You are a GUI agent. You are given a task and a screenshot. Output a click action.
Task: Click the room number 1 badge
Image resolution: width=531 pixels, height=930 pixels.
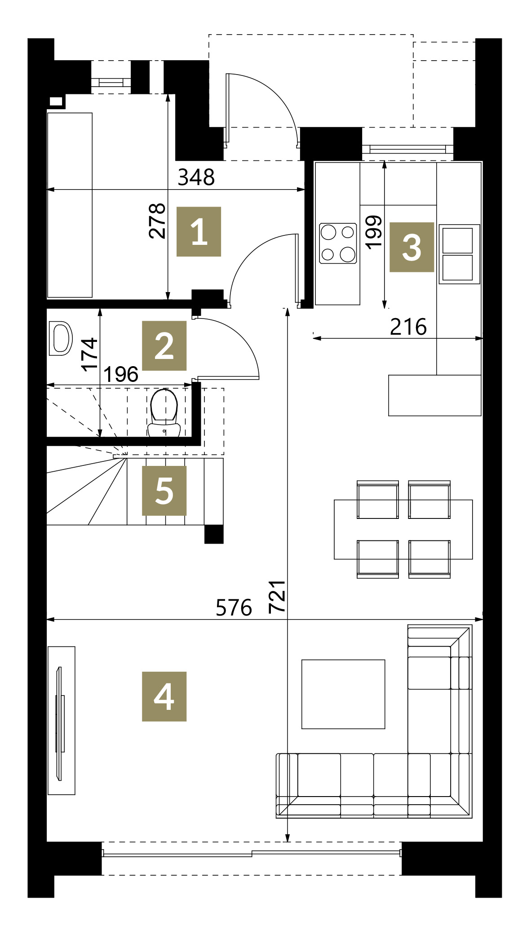click(x=199, y=231)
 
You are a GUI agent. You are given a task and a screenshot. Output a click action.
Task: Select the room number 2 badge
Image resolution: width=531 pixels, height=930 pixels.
click(x=164, y=345)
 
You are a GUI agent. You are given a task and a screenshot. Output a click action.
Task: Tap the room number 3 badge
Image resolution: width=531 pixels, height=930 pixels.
click(x=412, y=247)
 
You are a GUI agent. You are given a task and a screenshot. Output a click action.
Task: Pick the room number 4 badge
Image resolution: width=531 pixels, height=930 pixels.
click(x=164, y=696)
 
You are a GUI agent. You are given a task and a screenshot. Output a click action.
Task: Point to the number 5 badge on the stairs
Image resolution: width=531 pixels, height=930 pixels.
click(x=164, y=491)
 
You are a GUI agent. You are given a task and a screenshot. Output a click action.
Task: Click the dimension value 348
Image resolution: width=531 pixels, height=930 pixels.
click(x=196, y=177)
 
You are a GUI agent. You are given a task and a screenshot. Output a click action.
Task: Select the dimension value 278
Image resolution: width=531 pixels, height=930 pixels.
click(x=157, y=221)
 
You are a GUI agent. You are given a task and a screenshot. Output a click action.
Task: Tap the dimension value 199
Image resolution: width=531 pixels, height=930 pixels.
click(x=374, y=231)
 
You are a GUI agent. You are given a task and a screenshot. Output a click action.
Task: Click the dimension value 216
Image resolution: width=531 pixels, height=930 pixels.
click(x=408, y=327)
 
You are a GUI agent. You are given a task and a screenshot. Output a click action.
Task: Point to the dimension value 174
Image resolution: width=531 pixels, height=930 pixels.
click(x=89, y=354)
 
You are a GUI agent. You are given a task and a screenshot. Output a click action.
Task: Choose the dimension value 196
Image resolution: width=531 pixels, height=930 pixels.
click(x=121, y=374)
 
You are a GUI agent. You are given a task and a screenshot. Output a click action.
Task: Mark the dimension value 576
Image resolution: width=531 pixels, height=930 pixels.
click(x=234, y=608)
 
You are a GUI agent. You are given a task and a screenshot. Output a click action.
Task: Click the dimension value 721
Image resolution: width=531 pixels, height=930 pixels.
click(x=277, y=596)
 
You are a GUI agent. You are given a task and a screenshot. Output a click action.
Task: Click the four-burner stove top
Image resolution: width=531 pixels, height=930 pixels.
click(x=338, y=243)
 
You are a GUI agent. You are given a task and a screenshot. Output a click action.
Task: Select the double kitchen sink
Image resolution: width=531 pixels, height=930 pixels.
click(x=459, y=254)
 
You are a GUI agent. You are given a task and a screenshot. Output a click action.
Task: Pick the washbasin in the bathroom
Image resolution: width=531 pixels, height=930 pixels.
click(x=60, y=338)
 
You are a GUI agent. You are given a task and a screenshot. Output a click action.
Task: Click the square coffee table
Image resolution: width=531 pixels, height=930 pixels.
click(x=343, y=694)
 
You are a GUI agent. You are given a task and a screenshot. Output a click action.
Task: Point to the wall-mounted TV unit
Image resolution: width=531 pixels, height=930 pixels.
click(x=62, y=721)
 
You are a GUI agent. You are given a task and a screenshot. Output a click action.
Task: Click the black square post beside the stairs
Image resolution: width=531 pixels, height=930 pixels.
click(x=214, y=534)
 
